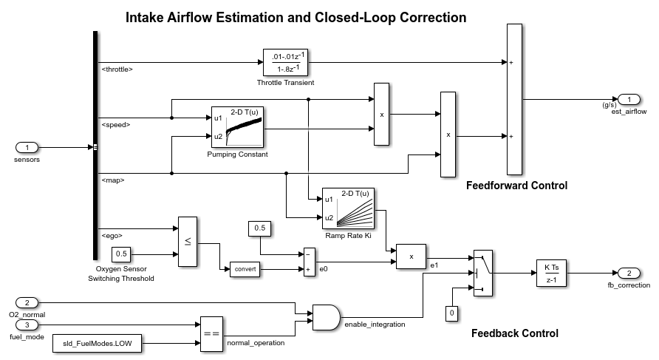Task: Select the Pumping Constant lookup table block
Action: (x=238, y=127)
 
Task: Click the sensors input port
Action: (x=27, y=147)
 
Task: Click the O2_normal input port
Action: (x=27, y=303)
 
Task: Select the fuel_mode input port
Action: (x=27, y=324)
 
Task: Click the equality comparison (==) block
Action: (x=211, y=333)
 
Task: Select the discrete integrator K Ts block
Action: (x=551, y=273)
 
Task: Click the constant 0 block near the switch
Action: (x=451, y=313)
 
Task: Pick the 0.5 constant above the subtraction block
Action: (x=260, y=229)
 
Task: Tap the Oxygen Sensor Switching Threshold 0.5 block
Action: (x=123, y=254)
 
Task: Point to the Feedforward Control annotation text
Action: (x=516, y=186)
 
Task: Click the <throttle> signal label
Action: (x=117, y=69)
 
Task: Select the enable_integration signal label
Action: (x=375, y=325)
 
